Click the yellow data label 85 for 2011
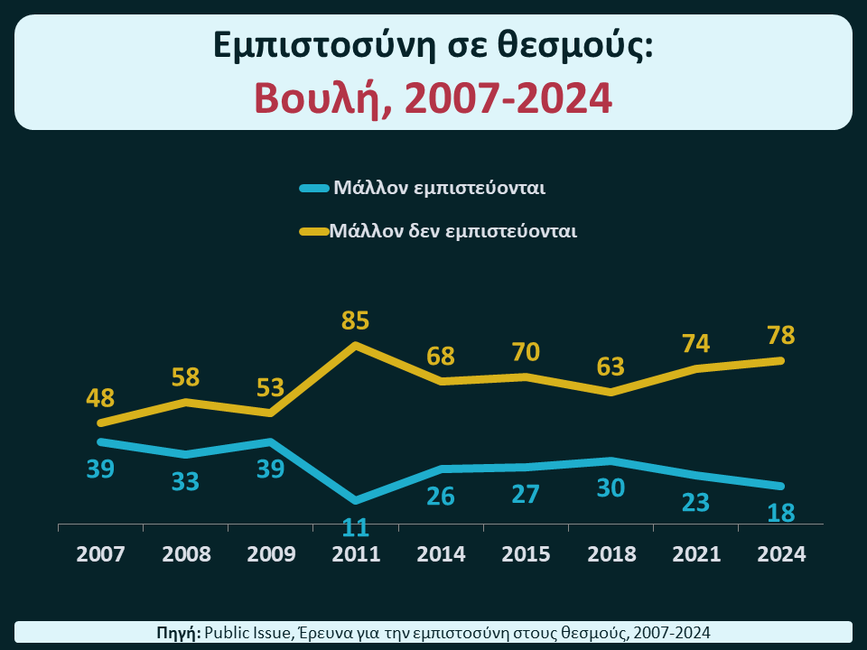coord(356,320)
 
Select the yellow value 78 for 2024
coord(781,335)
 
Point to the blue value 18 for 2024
coord(781,513)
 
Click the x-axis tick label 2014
coord(441,554)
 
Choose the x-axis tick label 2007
coord(100,554)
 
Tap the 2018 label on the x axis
coord(611,554)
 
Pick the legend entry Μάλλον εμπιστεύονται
coord(439,189)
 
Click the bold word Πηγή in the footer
coord(178,633)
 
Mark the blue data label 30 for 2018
coord(611,487)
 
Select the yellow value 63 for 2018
coord(611,367)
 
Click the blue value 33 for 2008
coord(185,481)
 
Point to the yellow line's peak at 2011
coord(356,345)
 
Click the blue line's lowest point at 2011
coord(356,500)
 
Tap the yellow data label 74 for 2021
coord(696,344)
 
